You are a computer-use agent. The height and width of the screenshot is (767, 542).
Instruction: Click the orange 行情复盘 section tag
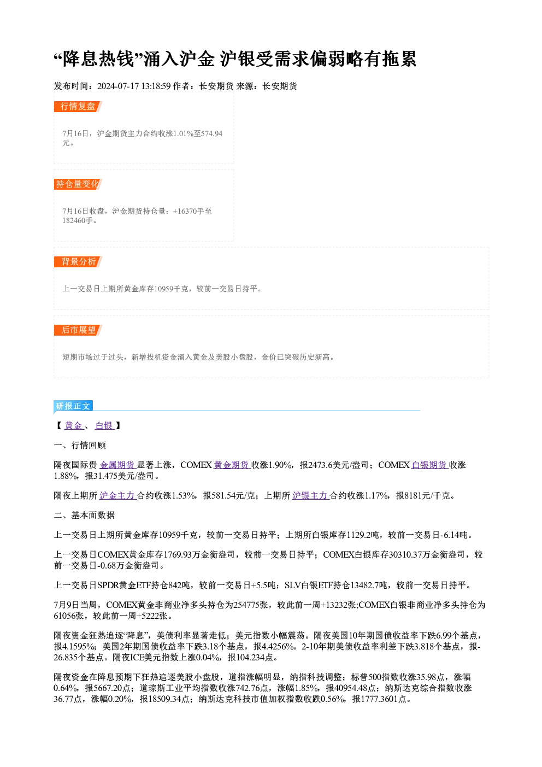pyautogui.click(x=78, y=107)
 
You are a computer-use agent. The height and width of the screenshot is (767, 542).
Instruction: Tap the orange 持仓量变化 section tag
pyautogui.click(x=78, y=184)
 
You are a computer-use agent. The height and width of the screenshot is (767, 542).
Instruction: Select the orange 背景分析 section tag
pyautogui.click(x=78, y=262)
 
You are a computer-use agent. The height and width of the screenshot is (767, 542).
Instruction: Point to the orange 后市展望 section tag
pyautogui.click(x=78, y=330)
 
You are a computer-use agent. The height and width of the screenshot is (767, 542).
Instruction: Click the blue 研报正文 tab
pyautogui.click(x=73, y=406)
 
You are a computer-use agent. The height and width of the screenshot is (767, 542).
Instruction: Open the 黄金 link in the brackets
pyautogui.click(x=74, y=426)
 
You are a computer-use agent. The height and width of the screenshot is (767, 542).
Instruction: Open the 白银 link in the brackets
pyautogui.click(x=104, y=426)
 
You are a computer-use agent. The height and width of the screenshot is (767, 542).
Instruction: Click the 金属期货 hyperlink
pyautogui.click(x=117, y=465)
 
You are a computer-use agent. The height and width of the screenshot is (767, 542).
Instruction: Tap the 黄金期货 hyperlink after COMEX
pyautogui.click(x=232, y=465)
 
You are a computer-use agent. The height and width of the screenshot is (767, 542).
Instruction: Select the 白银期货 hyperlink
pyautogui.click(x=430, y=465)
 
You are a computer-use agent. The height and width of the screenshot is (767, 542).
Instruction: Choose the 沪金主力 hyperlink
pyautogui.click(x=117, y=496)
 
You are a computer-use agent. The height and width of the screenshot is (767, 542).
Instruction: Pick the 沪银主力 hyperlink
pyautogui.click(x=311, y=496)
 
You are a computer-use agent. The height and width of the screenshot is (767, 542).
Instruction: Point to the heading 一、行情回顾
pyautogui.click(x=80, y=446)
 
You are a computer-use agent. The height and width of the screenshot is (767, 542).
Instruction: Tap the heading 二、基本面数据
pyautogui.click(x=84, y=516)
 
